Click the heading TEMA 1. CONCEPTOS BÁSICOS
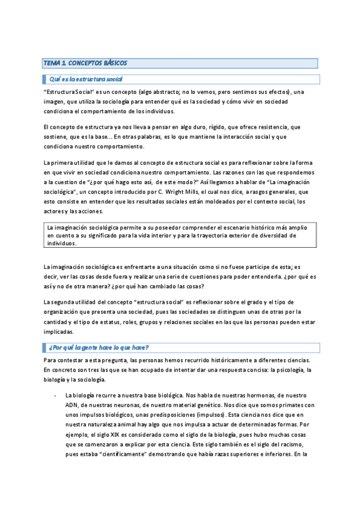tap(85, 63)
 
